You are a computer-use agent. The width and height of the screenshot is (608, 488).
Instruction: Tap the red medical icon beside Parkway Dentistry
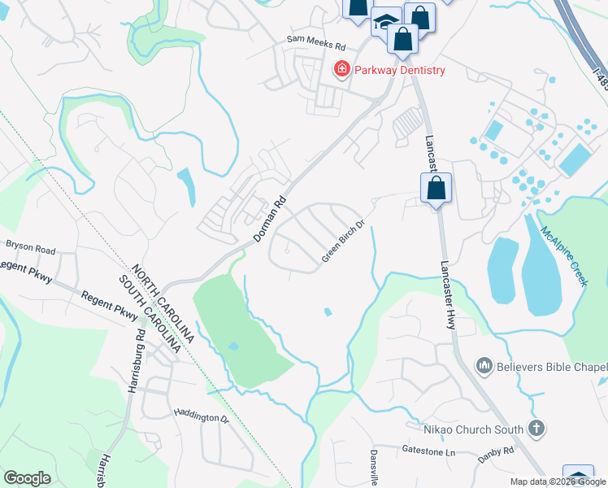[342, 70]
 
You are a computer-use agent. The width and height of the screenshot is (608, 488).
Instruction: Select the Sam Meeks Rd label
[316, 39]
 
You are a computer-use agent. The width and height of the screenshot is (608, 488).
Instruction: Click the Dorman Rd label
[269, 218]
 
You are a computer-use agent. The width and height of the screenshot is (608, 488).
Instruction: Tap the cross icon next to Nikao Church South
[536, 427]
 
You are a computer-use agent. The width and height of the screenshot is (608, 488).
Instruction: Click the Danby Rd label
[497, 450]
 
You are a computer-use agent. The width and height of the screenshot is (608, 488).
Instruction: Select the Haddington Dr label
[201, 416]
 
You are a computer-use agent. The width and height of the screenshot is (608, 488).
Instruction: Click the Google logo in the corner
[27, 478]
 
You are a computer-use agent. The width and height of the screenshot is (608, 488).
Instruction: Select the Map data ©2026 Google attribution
[558, 481]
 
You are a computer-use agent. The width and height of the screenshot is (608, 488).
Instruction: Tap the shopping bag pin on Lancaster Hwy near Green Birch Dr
[436, 188]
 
